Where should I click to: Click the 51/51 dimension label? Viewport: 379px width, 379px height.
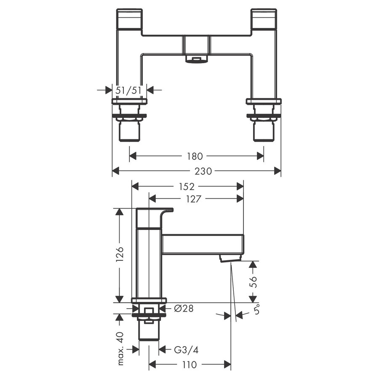pyautogui.click(x=129, y=90)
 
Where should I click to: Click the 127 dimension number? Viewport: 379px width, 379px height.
pyautogui.click(x=193, y=199)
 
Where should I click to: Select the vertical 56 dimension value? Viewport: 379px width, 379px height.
pyautogui.click(x=253, y=282)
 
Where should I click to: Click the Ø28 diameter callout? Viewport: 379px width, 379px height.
pyautogui.click(x=184, y=309)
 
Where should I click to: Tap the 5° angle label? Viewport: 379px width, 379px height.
pyautogui.click(x=257, y=311)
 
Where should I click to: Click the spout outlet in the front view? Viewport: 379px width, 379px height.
pyautogui.click(x=196, y=59)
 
